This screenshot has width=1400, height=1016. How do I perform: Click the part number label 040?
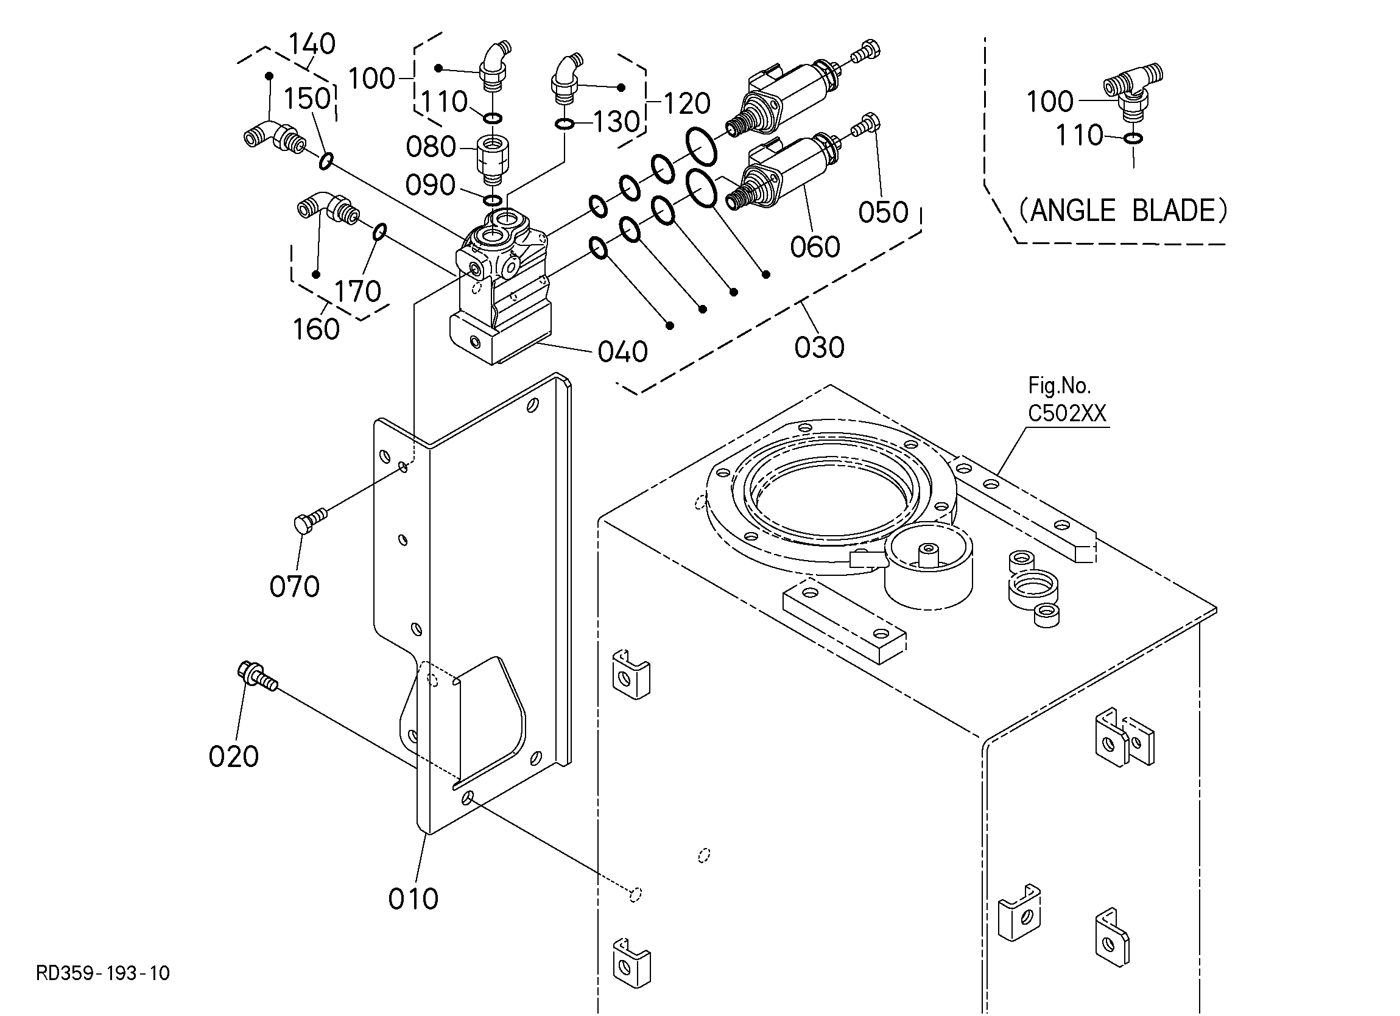pos(622,352)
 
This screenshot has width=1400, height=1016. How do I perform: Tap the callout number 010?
pos(413,899)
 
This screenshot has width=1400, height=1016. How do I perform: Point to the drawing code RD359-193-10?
pos(102,973)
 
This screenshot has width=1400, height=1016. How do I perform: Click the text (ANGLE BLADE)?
pos(1122,211)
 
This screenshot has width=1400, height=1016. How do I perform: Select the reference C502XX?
pos(1067,413)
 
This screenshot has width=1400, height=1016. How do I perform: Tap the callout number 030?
pos(819,348)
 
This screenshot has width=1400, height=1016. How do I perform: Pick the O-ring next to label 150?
pos(326,161)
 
